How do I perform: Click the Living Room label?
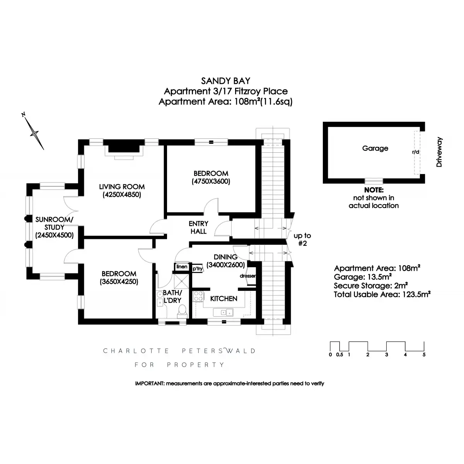121,187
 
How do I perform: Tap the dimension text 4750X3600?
211,181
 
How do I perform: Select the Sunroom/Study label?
54,223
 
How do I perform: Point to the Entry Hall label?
198,227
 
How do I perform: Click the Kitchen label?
223,299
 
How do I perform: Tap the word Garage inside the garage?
375,148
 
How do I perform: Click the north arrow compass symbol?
34,132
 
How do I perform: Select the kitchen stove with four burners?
198,296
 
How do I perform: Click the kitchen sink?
225,312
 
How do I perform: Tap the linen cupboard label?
182,267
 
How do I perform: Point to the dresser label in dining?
248,276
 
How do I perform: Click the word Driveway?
439,152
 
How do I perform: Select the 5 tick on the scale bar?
424,355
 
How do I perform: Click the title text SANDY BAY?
225,81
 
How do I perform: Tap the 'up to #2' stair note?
302,239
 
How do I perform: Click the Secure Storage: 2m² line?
371,286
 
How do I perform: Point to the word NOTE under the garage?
374,190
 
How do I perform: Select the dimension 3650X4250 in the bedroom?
119,281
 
